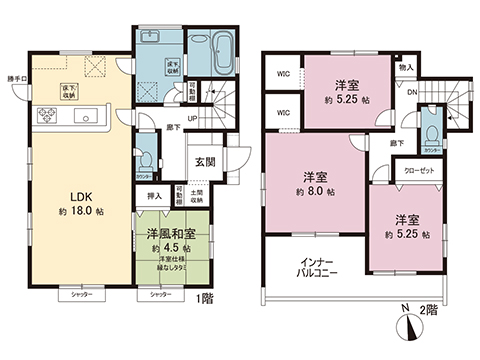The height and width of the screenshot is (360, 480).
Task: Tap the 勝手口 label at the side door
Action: [17, 77]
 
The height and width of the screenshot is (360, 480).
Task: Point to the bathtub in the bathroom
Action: [222, 49]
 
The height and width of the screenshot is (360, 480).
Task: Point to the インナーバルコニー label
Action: [320, 268]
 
